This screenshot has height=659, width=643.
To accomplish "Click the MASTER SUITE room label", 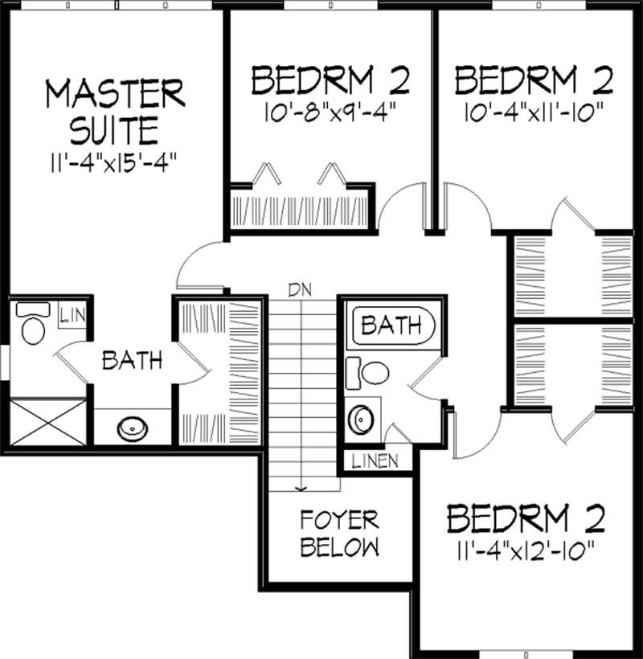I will tap(114, 110).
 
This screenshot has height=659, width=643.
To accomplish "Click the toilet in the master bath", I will tap(32, 326).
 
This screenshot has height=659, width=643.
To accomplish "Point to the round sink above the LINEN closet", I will tap(362, 417).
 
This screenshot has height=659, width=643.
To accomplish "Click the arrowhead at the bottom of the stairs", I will tap(301, 486).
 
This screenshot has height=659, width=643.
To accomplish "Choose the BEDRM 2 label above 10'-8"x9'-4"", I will tap(330, 81).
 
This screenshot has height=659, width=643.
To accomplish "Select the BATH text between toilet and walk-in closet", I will tap(132, 360).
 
